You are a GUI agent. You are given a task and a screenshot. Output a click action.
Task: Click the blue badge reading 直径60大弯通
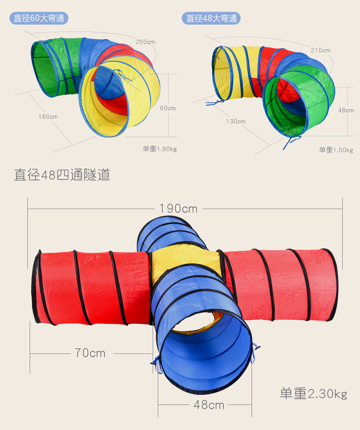point(39,18)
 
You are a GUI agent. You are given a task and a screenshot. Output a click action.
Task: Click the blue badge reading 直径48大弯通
point(211,18)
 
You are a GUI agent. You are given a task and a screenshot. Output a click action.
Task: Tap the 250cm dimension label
point(145,42)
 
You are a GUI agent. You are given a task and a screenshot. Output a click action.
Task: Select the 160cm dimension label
point(48,117)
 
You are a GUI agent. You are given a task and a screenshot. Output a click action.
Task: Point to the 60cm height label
point(168,108)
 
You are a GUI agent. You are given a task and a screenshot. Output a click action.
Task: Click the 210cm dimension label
point(321,50)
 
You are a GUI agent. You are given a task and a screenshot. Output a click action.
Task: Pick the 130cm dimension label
point(236,121)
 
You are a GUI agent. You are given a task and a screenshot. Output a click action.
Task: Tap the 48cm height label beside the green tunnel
point(346,110)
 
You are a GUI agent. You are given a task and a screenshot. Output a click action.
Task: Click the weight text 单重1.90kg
point(159,149)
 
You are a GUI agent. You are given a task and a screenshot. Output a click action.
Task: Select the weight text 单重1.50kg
point(336,150)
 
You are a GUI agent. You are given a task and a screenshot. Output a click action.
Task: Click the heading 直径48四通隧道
point(62,175)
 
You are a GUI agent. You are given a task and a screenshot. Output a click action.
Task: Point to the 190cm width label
point(179,209)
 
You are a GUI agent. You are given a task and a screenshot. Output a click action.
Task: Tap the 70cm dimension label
point(90,353)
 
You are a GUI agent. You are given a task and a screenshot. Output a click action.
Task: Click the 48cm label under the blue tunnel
point(209,404)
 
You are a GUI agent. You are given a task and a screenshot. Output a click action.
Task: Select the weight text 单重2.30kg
point(314,394)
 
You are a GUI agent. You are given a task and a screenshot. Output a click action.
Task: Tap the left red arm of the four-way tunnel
point(91,287)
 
